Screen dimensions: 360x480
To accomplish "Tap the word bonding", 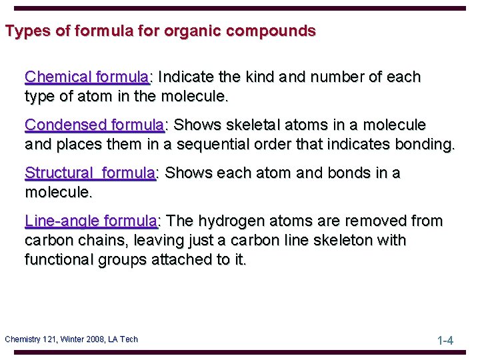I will pyautogui.click(x=425, y=144).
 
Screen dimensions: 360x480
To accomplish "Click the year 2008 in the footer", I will pyautogui.click(x=95, y=339).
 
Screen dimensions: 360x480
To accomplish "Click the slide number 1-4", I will pyautogui.click(x=445, y=341).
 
